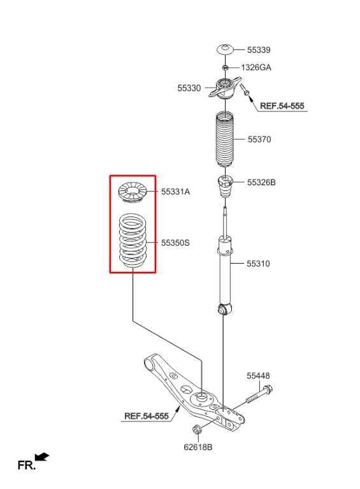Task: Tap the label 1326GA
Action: (x=256, y=67)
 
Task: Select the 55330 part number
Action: (x=189, y=89)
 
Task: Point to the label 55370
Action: (x=259, y=139)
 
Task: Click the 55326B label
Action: (x=261, y=182)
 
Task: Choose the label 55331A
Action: (x=175, y=190)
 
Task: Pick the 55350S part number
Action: (x=175, y=243)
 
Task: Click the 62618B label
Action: (x=198, y=447)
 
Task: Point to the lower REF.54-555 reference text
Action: (x=146, y=416)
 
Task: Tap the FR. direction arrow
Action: (x=41, y=457)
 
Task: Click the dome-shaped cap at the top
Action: (x=225, y=50)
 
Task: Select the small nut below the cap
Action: (x=225, y=66)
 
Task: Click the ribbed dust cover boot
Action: (x=224, y=141)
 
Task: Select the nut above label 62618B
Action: (x=197, y=429)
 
